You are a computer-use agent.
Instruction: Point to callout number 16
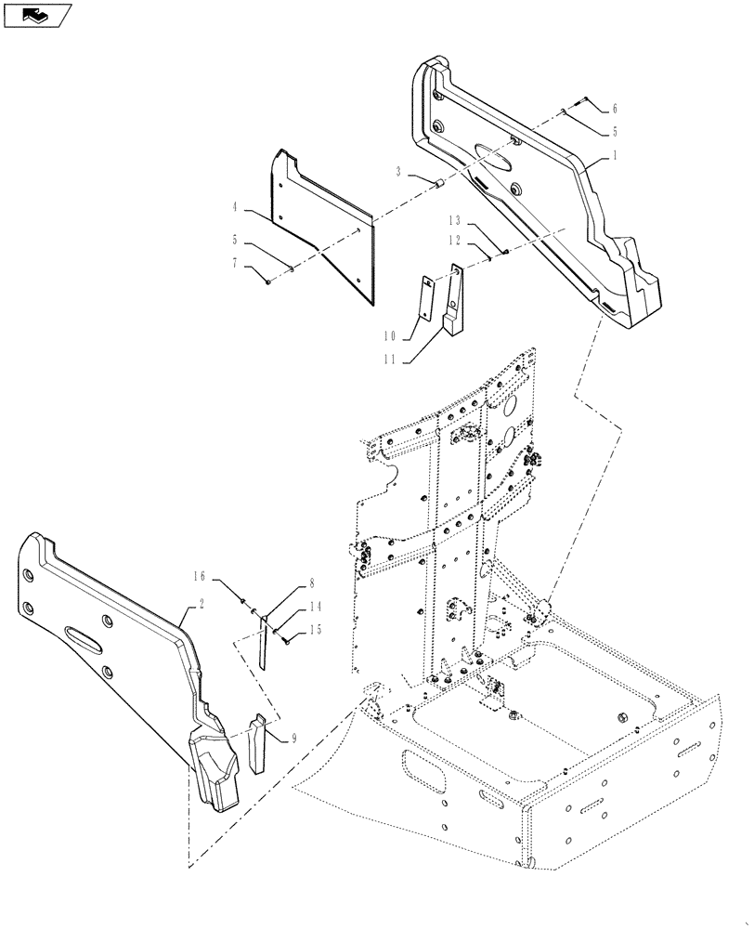coord(200,577)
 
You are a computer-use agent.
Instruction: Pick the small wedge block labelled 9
coord(257,743)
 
